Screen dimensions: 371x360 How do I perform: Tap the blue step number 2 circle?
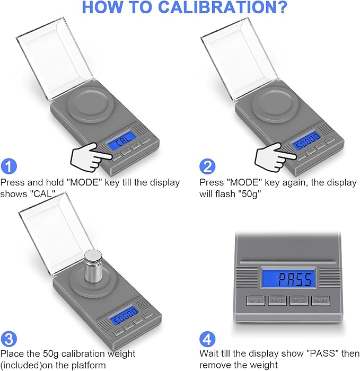tap(207, 166)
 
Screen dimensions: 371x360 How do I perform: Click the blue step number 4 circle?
tap(207, 338)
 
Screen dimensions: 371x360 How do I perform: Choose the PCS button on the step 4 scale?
tap(299, 301)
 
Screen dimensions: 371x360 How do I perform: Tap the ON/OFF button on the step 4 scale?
tap(321, 301)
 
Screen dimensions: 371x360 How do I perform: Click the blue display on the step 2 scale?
tap(304, 144)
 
